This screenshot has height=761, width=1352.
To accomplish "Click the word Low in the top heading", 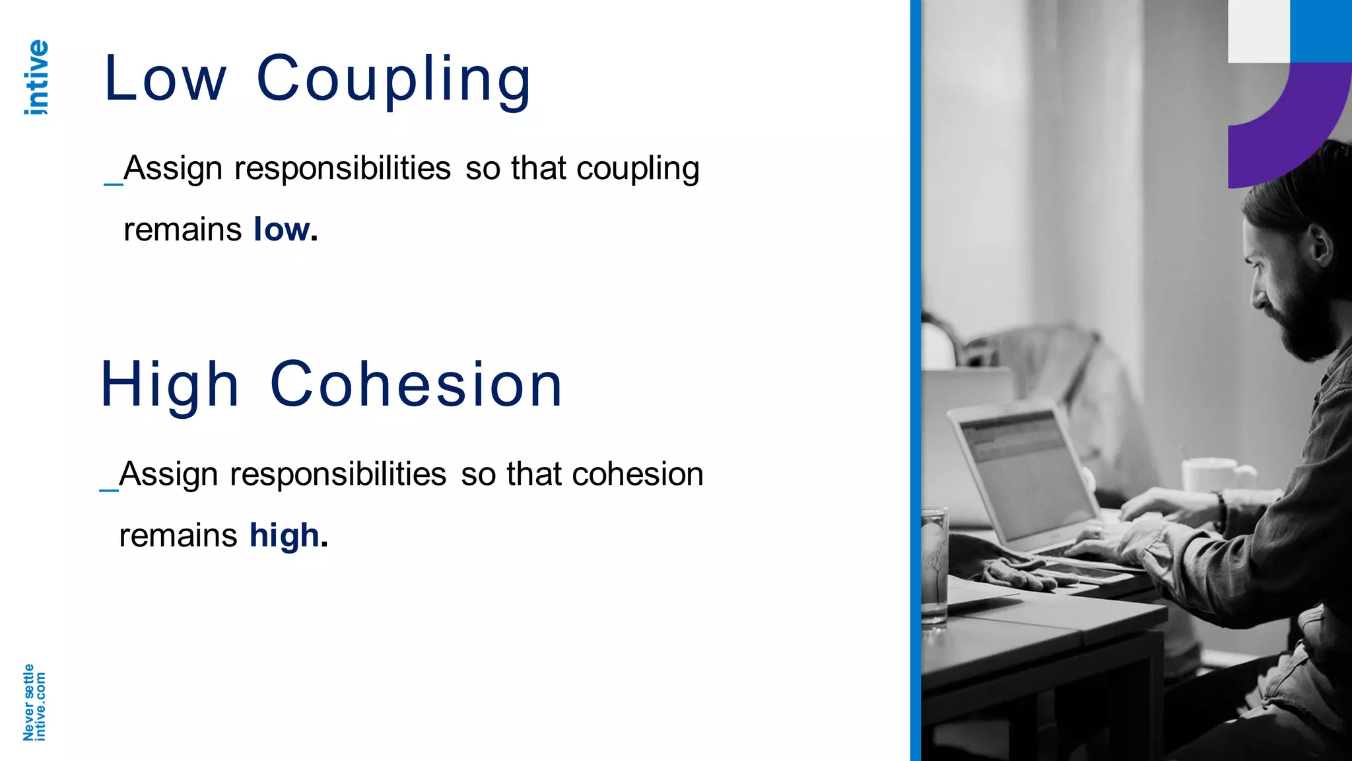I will (x=165, y=79).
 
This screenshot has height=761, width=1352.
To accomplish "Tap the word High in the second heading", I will (x=169, y=386).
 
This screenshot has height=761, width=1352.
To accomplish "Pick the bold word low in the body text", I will (x=282, y=230).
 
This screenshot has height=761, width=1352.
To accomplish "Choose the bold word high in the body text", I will (x=285, y=536).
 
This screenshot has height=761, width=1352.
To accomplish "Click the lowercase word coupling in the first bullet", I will (x=638, y=169).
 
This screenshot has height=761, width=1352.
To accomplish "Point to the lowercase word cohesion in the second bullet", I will (x=638, y=474).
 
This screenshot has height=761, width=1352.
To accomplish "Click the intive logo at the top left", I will (x=36, y=77).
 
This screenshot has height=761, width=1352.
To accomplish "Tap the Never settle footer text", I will (x=28, y=702).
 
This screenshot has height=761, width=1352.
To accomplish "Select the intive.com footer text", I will (x=40, y=706).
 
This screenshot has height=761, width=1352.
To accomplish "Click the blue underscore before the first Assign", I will (x=113, y=182).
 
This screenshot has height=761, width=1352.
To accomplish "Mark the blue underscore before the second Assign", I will (x=108, y=489).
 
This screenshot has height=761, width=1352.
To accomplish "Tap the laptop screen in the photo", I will (x=1023, y=472).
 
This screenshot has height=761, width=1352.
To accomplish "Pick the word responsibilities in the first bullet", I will (x=343, y=168).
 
